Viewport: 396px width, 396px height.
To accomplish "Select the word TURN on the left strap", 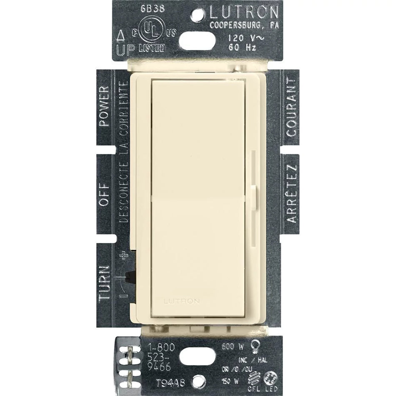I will coord(104,283).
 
